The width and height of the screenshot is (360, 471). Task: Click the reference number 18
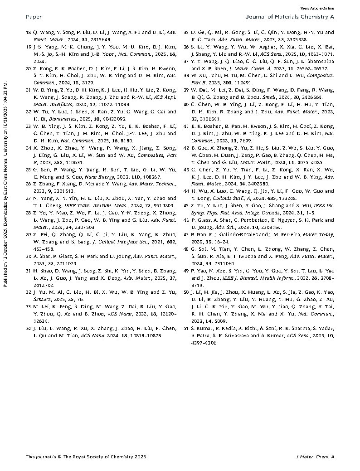[x=29, y=33]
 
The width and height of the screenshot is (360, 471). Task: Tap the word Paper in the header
[x=34, y=17]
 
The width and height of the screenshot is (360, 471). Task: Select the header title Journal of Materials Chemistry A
[x=290, y=17]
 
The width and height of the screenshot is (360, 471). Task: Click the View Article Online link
[x=317, y=8]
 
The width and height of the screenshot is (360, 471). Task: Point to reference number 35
[x=186, y=33]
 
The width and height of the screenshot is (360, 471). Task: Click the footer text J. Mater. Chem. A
[x=314, y=456]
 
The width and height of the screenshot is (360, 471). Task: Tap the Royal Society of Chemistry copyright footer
[x=86, y=456]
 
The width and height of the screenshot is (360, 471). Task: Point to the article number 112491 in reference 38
[x=245, y=83]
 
